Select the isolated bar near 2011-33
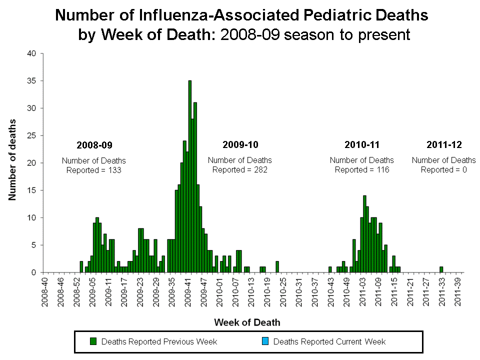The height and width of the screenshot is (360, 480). pos(441,269)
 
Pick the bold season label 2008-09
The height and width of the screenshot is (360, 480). pos(94,145)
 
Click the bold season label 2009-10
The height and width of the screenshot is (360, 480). pos(240,145)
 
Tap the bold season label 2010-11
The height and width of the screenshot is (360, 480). pos(362,145)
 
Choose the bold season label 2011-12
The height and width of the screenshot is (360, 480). pos(444,145)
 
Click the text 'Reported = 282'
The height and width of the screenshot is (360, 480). pos(240,169)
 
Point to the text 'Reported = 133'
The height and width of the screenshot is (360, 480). pos(94,170)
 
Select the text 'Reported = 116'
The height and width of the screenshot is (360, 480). pos(362,169)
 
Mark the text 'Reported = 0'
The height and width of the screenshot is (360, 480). pos(444,169)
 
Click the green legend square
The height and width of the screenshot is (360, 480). pos(93,341)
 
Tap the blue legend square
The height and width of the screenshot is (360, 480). pos(265,341)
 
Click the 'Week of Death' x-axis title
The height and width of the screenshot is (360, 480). pos(247,322)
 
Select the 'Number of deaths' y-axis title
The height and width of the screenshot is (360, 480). pos(12,160)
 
